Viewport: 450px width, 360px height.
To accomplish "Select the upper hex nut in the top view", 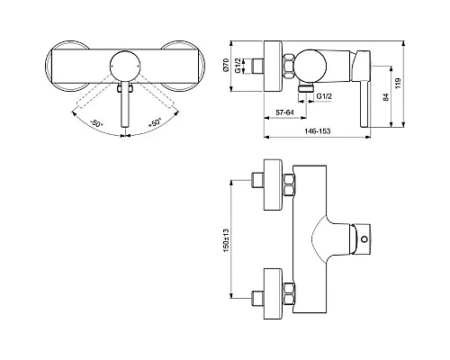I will (290, 185).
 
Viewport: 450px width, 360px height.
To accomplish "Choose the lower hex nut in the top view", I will (290, 294).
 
